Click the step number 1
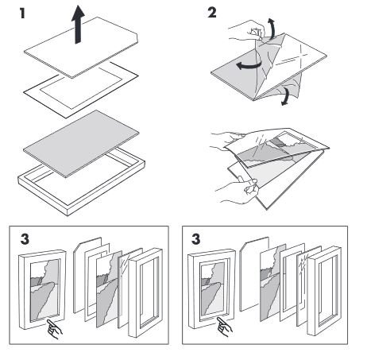point(22,14)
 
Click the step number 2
point(212,13)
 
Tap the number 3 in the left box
point(25,239)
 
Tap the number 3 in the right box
point(195,239)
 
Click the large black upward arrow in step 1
point(78,25)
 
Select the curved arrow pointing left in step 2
point(249,65)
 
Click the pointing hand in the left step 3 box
point(54,329)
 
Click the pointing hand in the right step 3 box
point(224,327)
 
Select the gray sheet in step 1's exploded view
point(81,144)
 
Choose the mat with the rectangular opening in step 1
point(81,90)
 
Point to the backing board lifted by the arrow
point(81,48)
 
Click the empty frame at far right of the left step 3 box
point(145,292)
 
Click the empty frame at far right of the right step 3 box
point(324,291)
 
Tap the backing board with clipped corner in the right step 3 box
point(254,274)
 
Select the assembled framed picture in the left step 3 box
point(42,289)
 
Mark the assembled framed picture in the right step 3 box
point(212,288)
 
